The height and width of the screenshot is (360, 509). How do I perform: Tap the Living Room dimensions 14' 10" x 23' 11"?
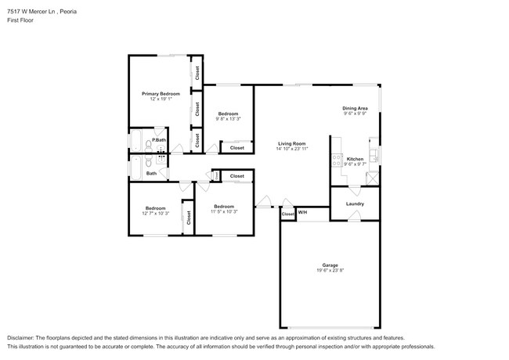tap(291, 149)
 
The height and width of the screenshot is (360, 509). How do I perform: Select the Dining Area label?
tap(355, 108)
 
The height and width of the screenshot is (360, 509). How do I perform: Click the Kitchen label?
tap(355, 159)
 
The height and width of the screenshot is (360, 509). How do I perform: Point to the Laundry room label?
tap(355, 204)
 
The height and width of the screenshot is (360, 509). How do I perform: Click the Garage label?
tap(330, 265)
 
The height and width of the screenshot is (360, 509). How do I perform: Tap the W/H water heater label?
tap(302, 213)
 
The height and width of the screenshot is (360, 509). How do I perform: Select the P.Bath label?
tap(158, 139)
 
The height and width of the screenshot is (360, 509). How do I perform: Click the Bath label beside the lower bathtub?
tap(150, 173)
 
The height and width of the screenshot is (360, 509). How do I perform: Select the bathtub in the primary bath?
tap(134, 142)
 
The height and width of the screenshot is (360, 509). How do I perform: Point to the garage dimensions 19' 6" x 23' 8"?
tap(330, 271)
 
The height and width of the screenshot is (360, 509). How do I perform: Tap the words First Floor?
tap(20, 22)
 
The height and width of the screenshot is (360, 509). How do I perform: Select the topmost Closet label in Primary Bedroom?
tap(197, 73)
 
